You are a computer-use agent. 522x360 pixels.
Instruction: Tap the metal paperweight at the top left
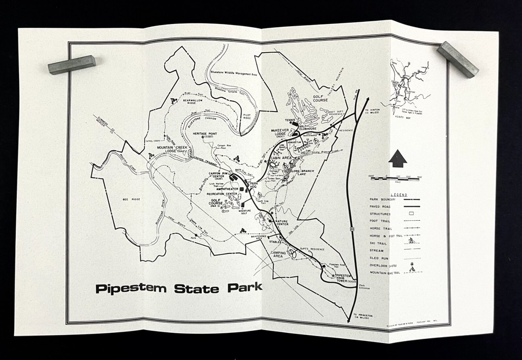(x=71, y=64)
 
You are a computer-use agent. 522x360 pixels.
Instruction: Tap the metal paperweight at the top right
(x=458, y=59)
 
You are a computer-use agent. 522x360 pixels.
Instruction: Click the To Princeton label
(x=363, y=316)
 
